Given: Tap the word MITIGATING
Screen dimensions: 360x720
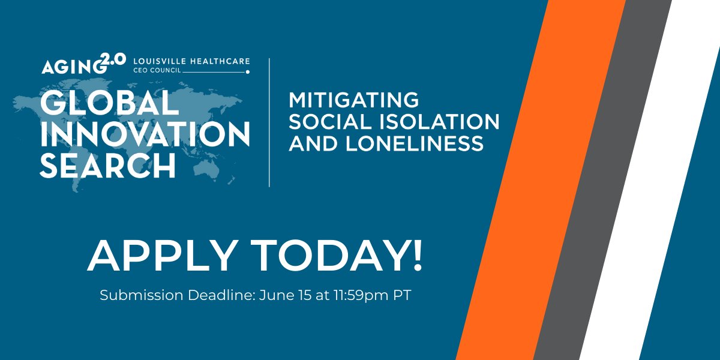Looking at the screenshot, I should coord(353,99).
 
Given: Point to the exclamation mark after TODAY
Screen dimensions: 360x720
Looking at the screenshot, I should coord(416,256).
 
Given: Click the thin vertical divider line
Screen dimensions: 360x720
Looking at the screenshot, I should coord(269,122).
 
